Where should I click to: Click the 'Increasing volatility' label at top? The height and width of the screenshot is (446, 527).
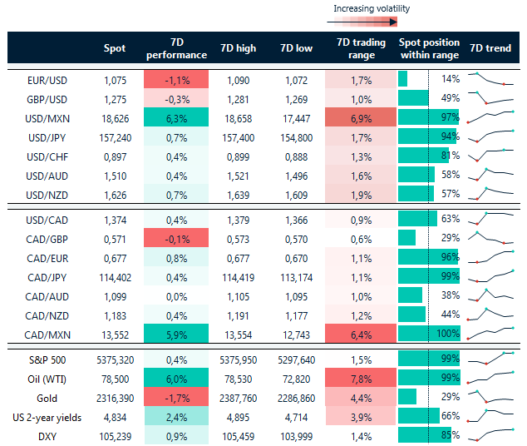pyautogui.click(x=372, y=9)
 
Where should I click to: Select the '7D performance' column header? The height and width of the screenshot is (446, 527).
pyautogui.click(x=176, y=48)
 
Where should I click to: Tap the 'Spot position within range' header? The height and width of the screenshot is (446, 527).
pyautogui.click(x=428, y=48)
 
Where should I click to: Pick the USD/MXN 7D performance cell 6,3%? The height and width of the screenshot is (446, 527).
pyautogui.click(x=176, y=117)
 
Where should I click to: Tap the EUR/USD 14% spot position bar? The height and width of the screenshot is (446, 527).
pyautogui.click(x=403, y=79)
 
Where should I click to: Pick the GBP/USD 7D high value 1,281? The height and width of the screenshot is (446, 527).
pyautogui.click(x=238, y=98)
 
